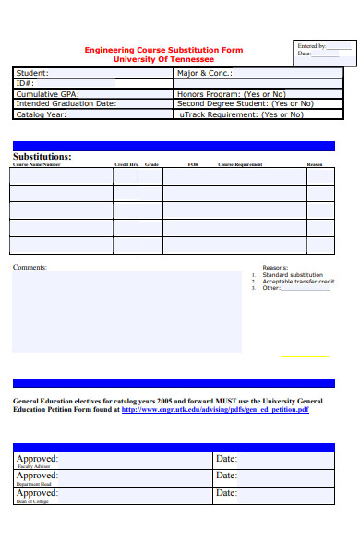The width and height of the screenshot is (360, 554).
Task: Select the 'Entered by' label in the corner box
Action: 310,45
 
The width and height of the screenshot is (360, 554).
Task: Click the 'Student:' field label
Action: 33,73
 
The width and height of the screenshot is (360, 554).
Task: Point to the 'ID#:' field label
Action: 25,83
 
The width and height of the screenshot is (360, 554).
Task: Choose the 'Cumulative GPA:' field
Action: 48,93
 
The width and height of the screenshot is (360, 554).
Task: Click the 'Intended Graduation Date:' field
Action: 66,103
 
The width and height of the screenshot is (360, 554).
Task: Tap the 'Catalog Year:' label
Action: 42,114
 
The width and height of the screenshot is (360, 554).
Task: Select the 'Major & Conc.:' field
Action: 205,73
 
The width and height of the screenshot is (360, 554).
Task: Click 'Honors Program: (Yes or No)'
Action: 231,93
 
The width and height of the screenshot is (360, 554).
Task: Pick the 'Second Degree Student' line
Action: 240,103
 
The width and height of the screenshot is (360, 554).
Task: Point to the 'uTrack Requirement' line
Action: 239,114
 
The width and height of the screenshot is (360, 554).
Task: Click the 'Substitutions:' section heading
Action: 42,156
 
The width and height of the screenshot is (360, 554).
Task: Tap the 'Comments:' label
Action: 30,267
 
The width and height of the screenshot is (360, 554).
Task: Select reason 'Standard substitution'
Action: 293,275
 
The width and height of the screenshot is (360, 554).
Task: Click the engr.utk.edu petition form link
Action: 215,410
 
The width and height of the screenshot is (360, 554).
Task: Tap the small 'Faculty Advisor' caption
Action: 32,467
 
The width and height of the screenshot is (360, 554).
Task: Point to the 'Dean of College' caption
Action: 32,500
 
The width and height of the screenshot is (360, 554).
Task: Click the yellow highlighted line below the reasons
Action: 304,356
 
